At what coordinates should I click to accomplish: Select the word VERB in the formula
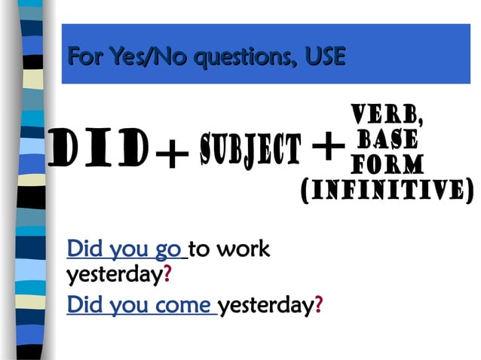point(388,114)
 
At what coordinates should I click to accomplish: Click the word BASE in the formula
point(388,139)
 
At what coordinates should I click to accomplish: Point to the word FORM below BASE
point(388,163)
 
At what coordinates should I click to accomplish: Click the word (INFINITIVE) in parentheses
point(387,190)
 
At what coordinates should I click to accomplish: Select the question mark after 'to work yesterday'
point(167,276)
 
